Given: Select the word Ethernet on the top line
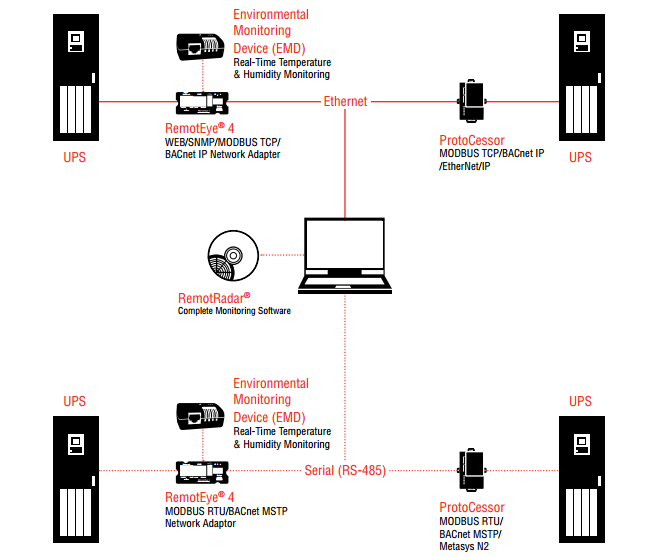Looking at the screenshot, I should pos(345,102).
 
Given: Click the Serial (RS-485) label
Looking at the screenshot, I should pos(345,470).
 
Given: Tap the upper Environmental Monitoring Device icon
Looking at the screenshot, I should pos(201,45).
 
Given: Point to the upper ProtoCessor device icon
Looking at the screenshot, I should pos(471,100).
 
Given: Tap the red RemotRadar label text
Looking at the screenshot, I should pos(214,298).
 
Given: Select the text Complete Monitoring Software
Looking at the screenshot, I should pos(234,311).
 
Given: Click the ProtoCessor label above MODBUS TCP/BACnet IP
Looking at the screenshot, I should pos(471,141).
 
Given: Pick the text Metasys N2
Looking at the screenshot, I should pos(465,546).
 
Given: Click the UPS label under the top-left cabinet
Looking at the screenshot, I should pos(75,157).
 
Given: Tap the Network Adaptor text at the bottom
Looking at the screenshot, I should pos(200,523).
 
